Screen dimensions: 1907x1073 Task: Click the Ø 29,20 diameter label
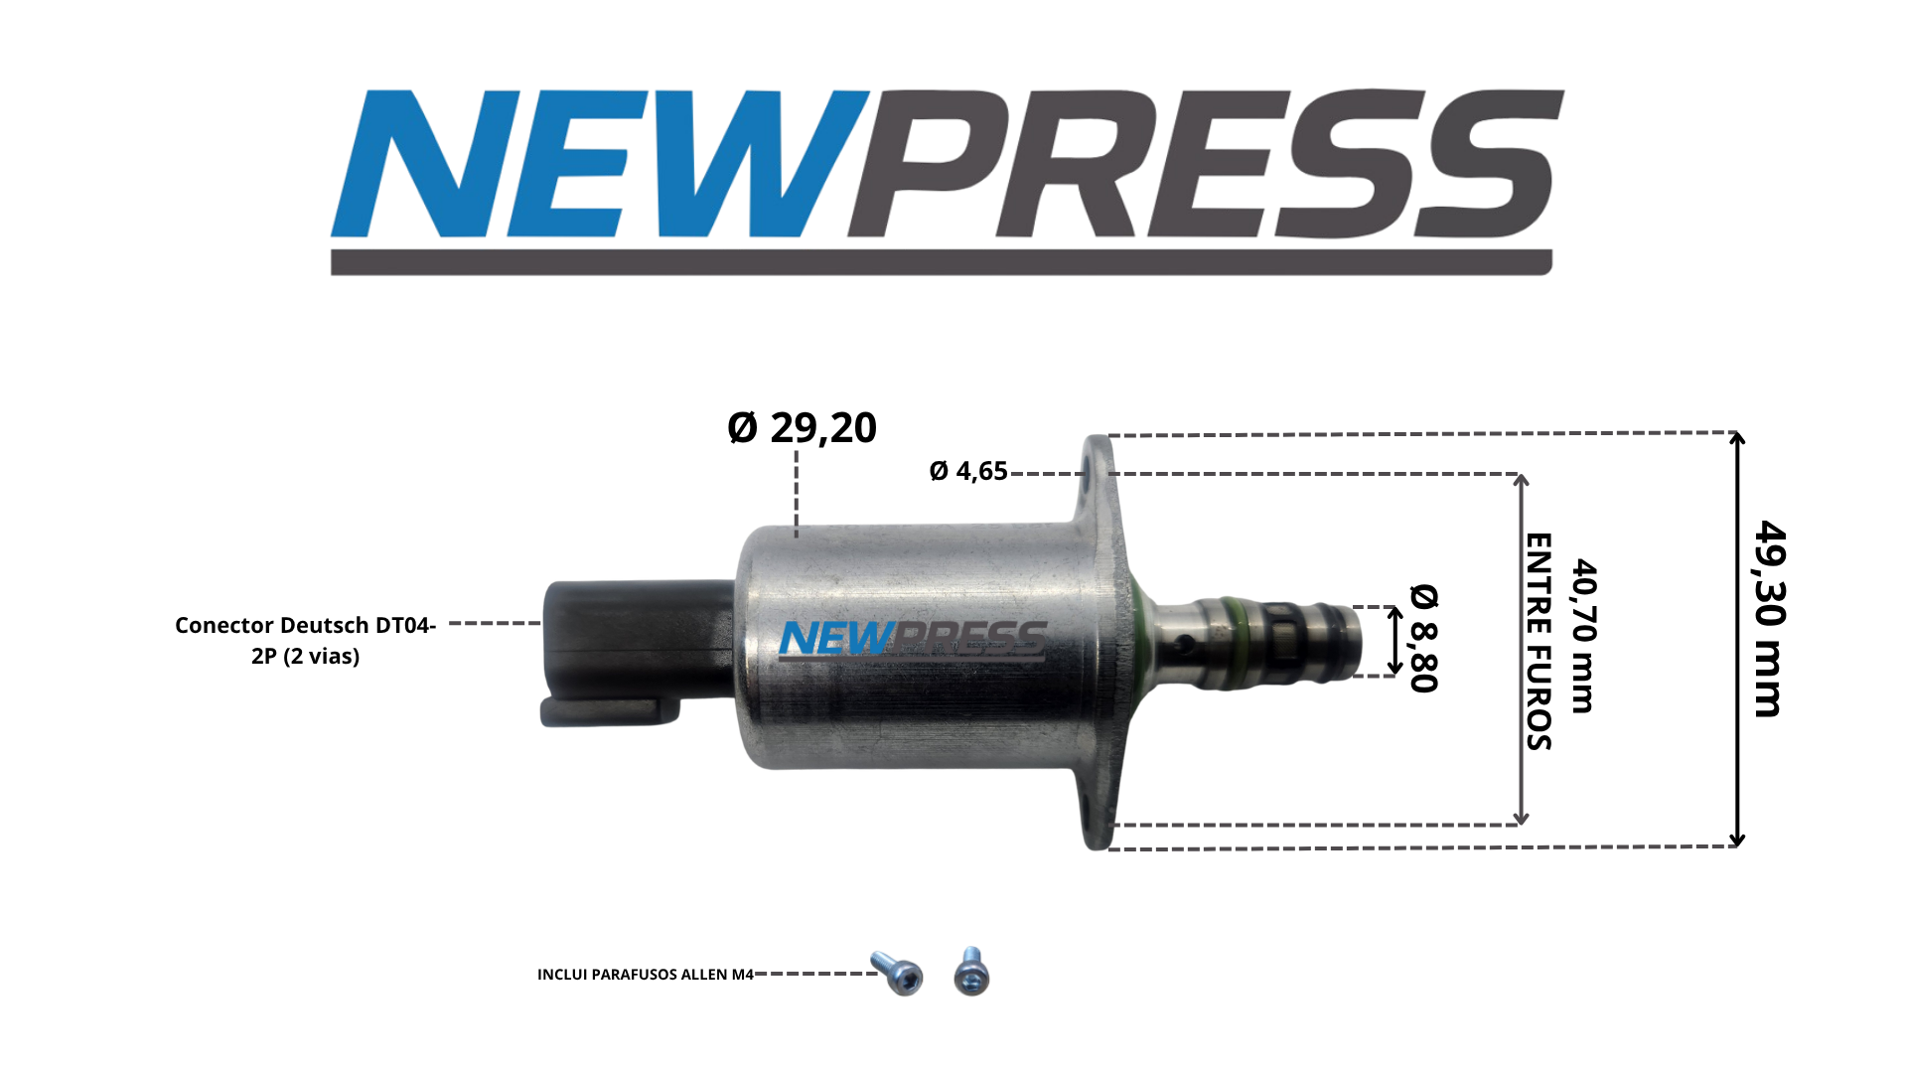[802, 427]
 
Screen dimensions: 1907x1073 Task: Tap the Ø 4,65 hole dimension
[968, 471]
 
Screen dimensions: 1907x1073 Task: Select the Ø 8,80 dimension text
[1423, 638]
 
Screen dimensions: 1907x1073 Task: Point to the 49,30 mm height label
[1769, 618]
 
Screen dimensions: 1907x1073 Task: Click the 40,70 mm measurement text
[1583, 636]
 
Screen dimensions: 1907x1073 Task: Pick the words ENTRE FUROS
[1538, 642]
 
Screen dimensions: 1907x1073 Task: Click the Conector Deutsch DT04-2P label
[306, 640]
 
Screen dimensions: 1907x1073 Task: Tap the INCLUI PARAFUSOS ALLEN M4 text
[646, 975]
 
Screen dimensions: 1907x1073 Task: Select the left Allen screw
[897, 972]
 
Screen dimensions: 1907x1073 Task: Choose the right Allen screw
[971, 971]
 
